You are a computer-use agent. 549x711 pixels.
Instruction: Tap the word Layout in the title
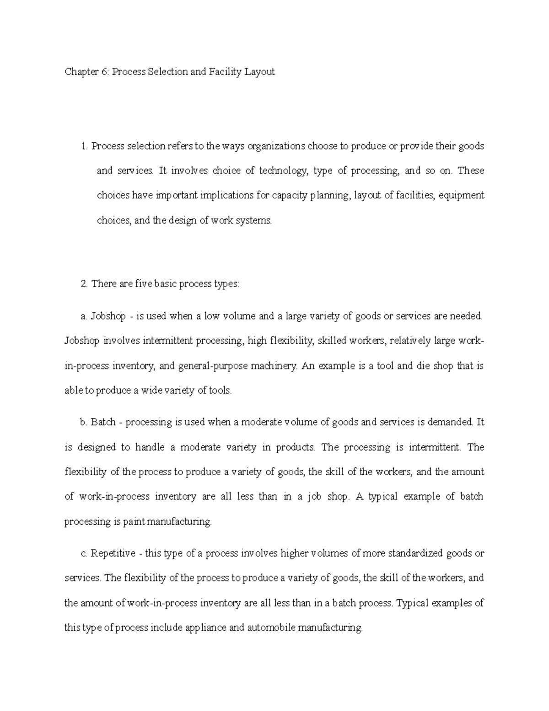(x=259, y=72)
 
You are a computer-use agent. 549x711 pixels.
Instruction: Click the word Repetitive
(x=113, y=554)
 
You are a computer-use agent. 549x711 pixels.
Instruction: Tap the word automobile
(x=271, y=627)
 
